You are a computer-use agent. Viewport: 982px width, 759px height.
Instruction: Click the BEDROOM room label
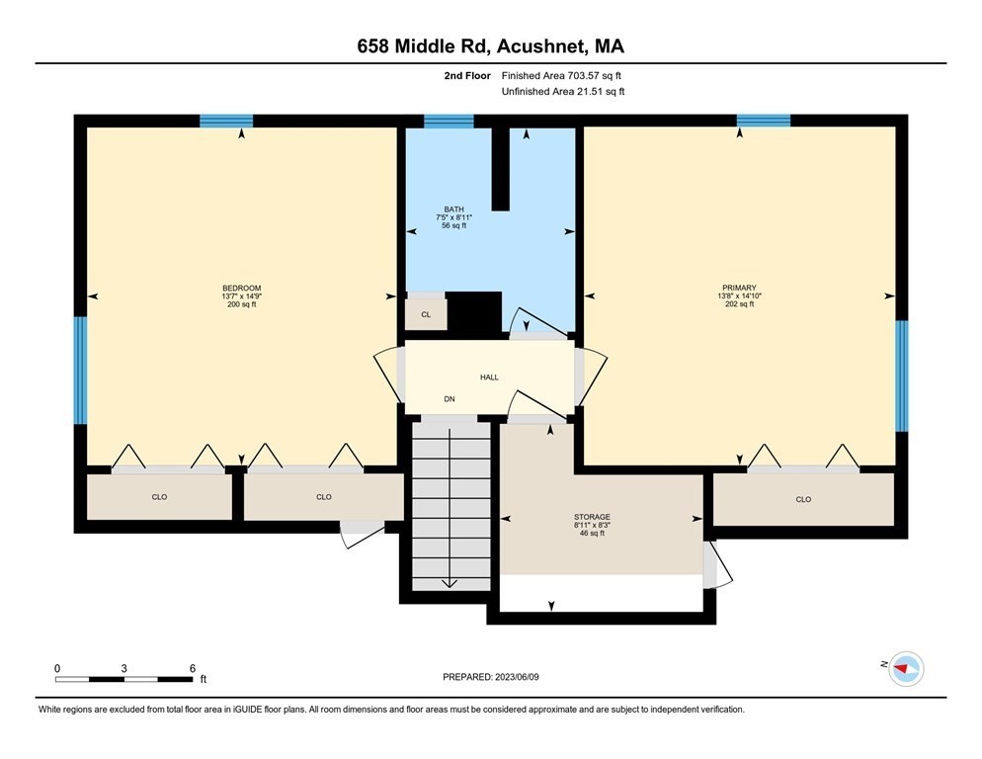pos(241,288)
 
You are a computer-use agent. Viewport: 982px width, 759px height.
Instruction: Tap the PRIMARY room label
pos(739,288)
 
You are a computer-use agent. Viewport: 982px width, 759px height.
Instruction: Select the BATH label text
pos(453,209)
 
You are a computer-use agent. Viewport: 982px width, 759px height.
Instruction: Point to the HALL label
pos(489,377)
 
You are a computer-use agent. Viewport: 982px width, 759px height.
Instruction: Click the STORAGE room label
pos(592,517)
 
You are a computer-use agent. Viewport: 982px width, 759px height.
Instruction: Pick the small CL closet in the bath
pos(426,314)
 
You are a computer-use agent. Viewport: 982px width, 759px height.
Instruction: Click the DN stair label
pos(450,400)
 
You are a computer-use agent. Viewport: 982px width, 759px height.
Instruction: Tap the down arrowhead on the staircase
pos(450,583)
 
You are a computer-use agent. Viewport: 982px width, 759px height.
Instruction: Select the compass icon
pos(905,669)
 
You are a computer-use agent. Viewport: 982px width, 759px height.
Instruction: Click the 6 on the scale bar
pos(193,667)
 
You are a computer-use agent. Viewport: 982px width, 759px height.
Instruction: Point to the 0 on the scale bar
pos(57,667)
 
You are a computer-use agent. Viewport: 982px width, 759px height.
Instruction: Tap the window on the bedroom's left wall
pos(81,370)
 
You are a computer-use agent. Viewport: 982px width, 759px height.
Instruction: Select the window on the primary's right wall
pos(901,376)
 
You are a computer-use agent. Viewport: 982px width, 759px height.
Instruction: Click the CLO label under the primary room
pos(803,499)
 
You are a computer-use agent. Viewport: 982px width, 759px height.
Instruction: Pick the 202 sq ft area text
pos(739,304)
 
